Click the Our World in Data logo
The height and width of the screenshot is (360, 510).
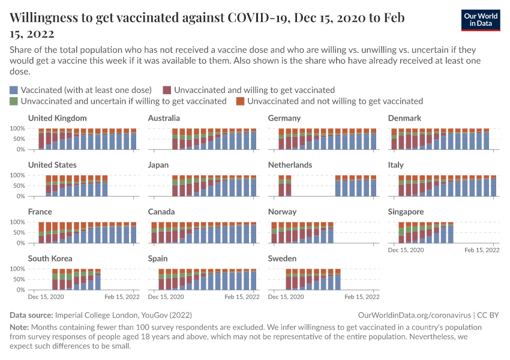pos(482,19)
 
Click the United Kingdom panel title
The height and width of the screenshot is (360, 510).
pos(58,118)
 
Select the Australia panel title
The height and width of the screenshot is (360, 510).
pos(164,118)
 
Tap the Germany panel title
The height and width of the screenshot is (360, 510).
pos(284,118)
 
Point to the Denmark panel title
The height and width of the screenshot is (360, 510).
pos(404,118)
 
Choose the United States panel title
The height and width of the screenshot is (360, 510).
pos(52,165)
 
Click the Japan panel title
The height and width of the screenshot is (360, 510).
pos(158,165)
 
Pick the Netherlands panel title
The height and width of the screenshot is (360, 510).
pos(290,165)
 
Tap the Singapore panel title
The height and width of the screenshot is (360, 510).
pos(406,212)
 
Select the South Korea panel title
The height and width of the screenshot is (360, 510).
pos(50,259)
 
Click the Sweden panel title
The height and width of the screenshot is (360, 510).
pos(282,259)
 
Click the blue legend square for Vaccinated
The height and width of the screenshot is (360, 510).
pos(14,90)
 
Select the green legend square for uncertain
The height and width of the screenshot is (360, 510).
pos(14,101)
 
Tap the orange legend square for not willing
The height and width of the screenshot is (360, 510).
pos(240,101)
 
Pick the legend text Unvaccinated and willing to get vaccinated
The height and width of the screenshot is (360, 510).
pos(254,90)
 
